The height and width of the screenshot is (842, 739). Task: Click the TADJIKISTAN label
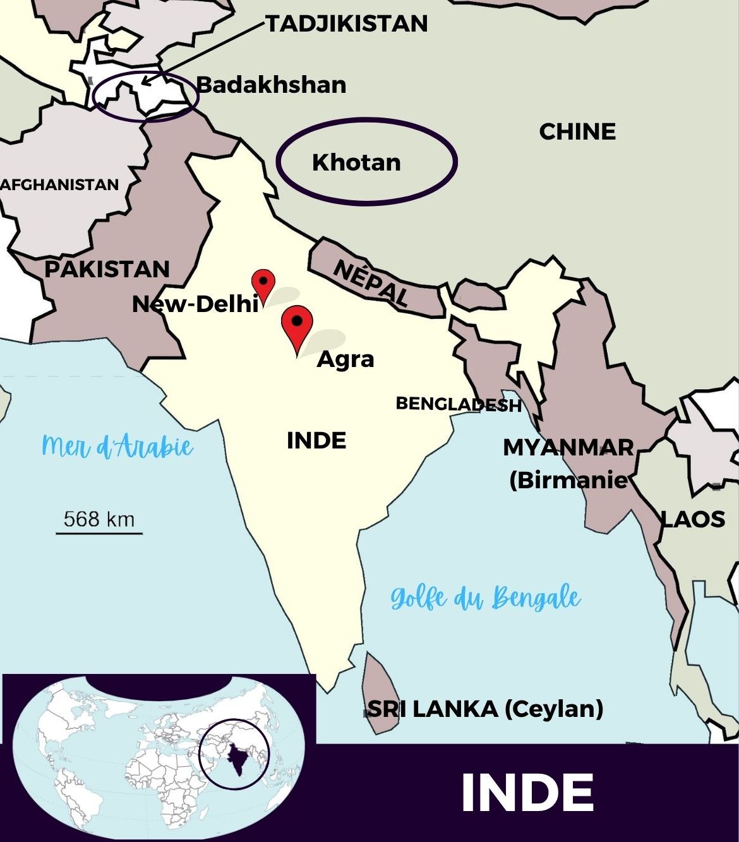pyautogui.click(x=347, y=24)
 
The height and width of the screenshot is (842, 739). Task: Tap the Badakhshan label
pyautogui.click(x=271, y=85)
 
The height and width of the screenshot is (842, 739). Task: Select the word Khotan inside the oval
pyautogui.click(x=356, y=162)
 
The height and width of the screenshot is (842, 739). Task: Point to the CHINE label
pyautogui.click(x=577, y=131)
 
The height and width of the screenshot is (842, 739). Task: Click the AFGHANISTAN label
pyautogui.click(x=59, y=184)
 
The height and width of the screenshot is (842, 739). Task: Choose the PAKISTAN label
pyautogui.click(x=107, y=269)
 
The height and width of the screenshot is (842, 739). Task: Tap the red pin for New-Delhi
pyautogui.click(x=263, y=282)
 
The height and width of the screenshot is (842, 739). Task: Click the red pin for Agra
pyautogui.click(x=297, y=323)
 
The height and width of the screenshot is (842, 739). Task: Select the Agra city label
pyautogui.click(x=345, y=359)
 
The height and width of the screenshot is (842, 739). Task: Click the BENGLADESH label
pyautogui.click(x=459, y=404)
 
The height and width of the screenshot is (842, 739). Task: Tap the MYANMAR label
pyautogui.click(x=568, y=447)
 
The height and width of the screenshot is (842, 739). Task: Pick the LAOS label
pyautogui.click(x=693, y=519)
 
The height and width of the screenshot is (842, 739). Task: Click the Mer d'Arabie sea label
pyautogui.click(x=117, y=447)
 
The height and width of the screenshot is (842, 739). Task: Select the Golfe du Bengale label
pyautogui.click(x=485, y=598)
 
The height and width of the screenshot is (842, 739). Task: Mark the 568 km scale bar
pyautogui.click(x=99, y=532)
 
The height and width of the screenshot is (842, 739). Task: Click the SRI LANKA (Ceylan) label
pyautogui.click(x=485, y=709)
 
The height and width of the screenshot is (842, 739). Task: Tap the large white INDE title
pyautogui.click(x=527, y=793)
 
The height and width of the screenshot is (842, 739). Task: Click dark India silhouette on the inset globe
pyautogui.click(x=237, y=758)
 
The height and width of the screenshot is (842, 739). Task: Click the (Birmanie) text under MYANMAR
pyautogui.click(x=568, y=480)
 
